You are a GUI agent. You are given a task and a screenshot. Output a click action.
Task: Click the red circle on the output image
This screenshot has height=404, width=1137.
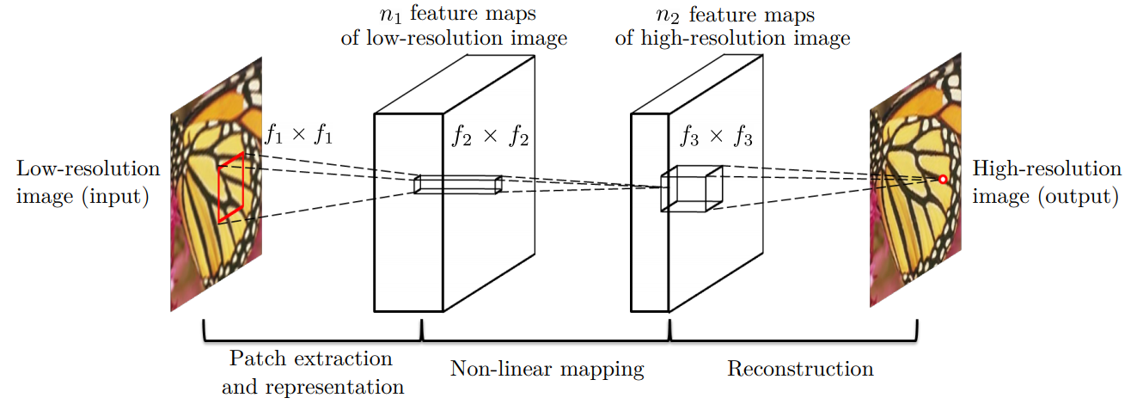[943, 179]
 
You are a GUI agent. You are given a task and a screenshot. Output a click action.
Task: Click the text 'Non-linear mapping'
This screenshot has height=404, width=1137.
[547, 370]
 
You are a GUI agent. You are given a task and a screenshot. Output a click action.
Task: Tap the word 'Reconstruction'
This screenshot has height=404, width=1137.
[800, 370]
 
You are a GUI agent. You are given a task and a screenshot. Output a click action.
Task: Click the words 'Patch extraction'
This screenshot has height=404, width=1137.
[310, 358]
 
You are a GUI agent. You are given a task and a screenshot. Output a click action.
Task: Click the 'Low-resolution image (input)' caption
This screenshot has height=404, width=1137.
[84, 182]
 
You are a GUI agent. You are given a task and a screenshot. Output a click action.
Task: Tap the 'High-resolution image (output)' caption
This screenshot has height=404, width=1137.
[1045, 182]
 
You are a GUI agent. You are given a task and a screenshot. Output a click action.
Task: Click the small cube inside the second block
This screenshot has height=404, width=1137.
[691, 187]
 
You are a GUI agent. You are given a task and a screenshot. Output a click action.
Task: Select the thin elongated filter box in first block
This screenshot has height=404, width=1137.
[456, 184]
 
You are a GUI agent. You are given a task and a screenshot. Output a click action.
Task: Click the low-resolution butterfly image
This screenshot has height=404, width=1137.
[217, 185]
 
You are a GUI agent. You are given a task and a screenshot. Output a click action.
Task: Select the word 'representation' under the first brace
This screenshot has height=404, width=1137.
[312, 387]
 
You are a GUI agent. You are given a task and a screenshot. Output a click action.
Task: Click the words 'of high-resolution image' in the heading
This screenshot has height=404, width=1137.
[733, 39]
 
